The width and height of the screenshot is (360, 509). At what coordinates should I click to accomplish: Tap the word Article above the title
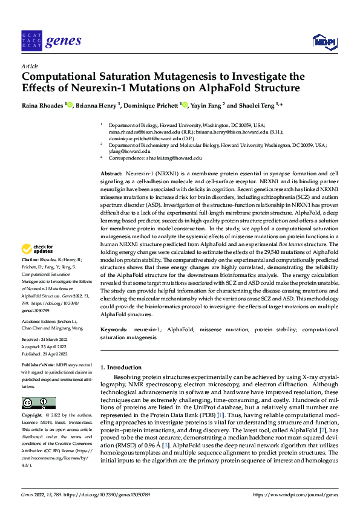29,66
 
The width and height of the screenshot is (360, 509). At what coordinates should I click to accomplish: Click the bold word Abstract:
113,173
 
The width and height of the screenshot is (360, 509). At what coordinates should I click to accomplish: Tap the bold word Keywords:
114,329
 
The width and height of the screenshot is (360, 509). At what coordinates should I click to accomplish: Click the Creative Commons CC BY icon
39,403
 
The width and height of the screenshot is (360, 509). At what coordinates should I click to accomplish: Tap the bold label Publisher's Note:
38,366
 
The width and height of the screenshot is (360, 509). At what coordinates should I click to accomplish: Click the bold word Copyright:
31,417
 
